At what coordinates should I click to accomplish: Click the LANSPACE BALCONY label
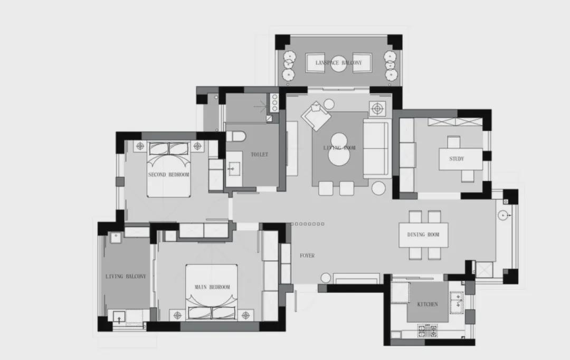338,62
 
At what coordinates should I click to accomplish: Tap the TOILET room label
260,155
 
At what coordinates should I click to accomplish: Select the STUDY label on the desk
457,159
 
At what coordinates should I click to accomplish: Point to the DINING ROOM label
423,235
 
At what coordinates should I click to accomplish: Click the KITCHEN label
427,305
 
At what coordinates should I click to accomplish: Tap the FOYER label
307,255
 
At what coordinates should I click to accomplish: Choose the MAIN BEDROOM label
212,287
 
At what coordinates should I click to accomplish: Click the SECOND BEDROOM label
169,175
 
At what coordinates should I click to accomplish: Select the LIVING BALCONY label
126,277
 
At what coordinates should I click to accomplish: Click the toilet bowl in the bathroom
235,136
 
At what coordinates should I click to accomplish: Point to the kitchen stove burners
427,330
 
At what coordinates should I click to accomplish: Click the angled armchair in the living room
316,116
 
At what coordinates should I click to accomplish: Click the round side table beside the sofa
378,188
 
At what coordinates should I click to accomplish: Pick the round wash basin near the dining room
503,215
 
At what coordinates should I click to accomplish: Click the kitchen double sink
457,302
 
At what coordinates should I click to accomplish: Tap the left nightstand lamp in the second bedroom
140,147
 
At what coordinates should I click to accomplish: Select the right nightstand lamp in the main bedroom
246,315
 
